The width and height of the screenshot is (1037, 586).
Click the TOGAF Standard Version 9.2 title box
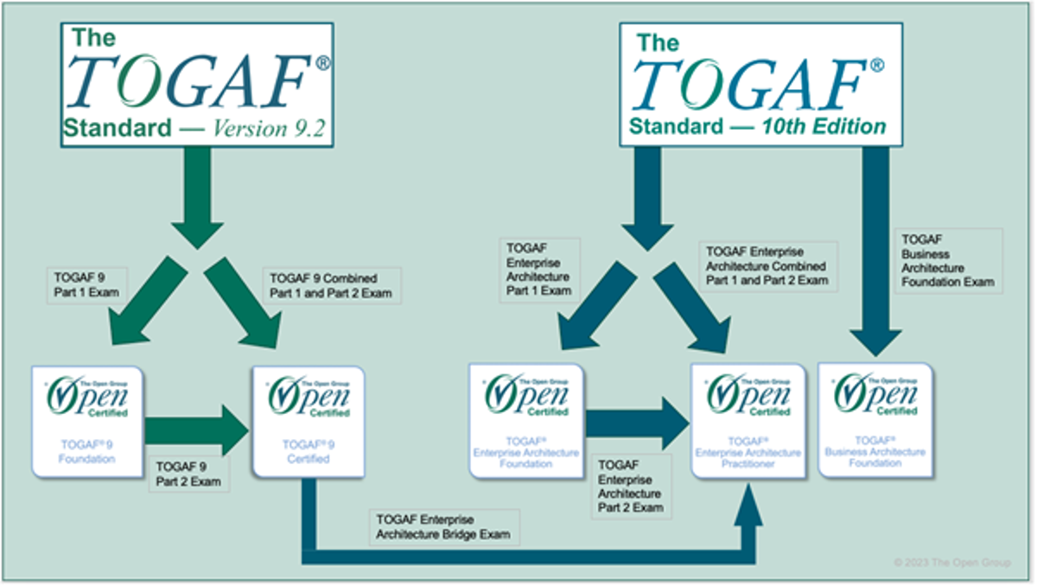click(198, 84)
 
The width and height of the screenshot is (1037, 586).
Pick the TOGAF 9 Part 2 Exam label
click(188, 474)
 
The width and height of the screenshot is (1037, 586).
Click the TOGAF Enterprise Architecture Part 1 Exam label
click(539, 268)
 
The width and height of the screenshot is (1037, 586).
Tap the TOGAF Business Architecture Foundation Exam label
click(948, 258)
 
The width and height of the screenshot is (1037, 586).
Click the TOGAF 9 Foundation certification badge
click(87, 420)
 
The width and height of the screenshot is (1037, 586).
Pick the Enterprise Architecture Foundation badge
click(525, 420)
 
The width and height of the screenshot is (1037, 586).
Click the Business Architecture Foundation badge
click(875, 420)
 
